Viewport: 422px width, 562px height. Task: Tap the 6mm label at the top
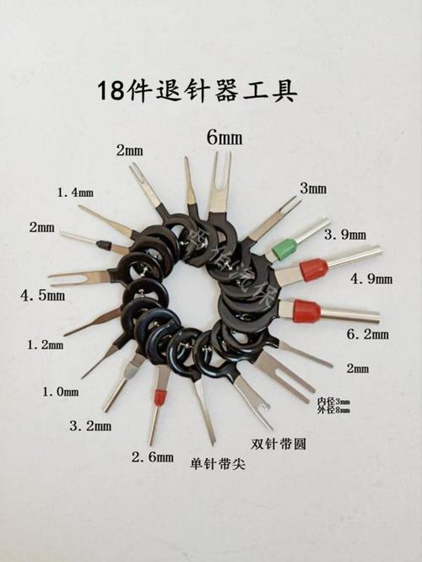click(224, 135)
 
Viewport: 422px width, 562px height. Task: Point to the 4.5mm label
click(44, 296)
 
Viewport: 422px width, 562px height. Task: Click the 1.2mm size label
click(45, 345)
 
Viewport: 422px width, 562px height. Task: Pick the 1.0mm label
click(60, 392)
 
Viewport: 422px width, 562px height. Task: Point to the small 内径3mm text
click(333, 401)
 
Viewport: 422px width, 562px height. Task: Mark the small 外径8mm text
click(333, 411)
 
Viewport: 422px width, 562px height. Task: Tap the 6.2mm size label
click(370, 335)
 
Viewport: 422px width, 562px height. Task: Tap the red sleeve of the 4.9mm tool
click(313, 271)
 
